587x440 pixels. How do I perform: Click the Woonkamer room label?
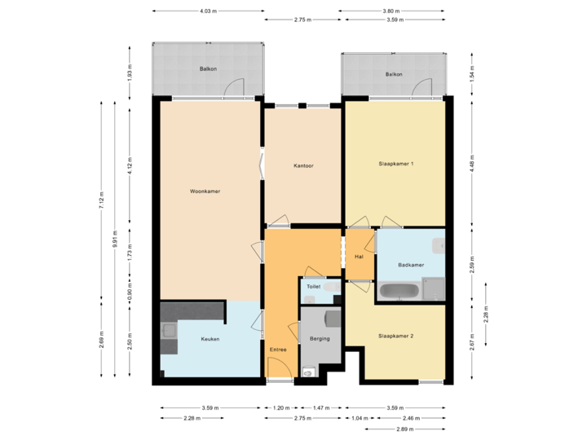[205, 191]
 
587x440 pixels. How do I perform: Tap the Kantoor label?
[304, 166]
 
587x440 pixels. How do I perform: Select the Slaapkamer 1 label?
[396, 164]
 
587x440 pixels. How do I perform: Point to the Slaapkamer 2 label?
[396, 336]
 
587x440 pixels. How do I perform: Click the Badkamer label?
[410, 265]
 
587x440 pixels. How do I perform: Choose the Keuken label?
[210, 339]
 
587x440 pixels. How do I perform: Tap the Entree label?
[278, 350]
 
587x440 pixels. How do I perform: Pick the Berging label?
[320, 338]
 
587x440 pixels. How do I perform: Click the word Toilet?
[314, 287]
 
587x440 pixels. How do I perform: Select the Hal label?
[358, 257]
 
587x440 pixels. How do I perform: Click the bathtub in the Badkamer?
[399, 289]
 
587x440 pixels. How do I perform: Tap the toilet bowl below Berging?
[307, 372]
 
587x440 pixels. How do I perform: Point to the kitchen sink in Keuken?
[169, 330]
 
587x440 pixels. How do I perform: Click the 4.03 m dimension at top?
[208, 11]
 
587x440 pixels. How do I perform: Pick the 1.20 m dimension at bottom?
[280, 407]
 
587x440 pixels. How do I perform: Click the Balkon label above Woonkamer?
[208, 69]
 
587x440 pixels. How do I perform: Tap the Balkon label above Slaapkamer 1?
[394, 74]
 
